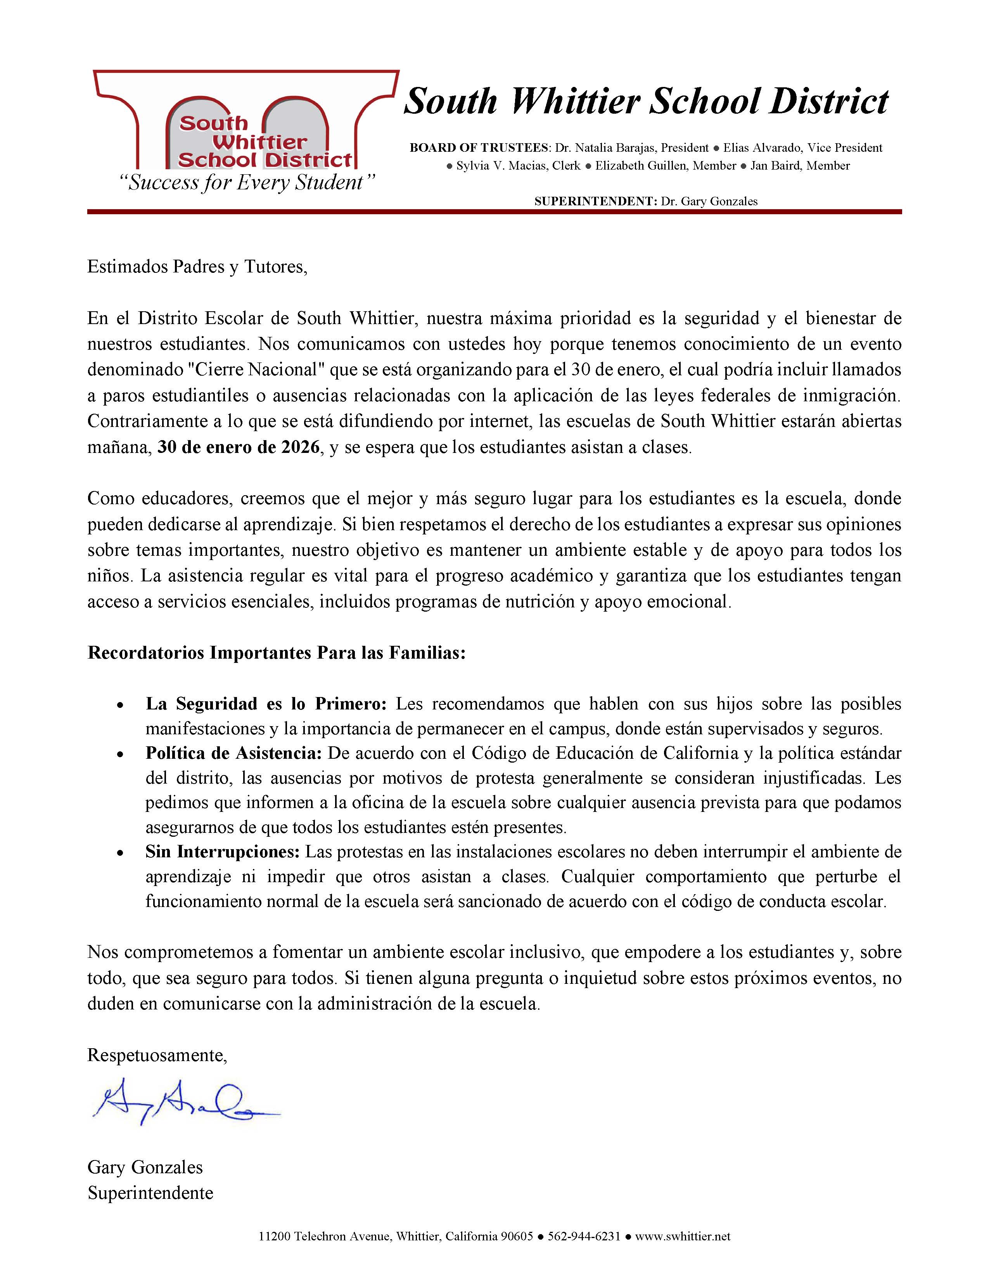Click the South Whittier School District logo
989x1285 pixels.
click(x=246, y=121)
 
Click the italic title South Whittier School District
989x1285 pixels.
click(x=646, y=101)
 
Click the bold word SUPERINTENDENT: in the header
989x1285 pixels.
click(x=595, y=201)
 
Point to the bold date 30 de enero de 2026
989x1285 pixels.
click(x=239, y=448)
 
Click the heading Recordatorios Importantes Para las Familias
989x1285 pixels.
click(x=277, y=653)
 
